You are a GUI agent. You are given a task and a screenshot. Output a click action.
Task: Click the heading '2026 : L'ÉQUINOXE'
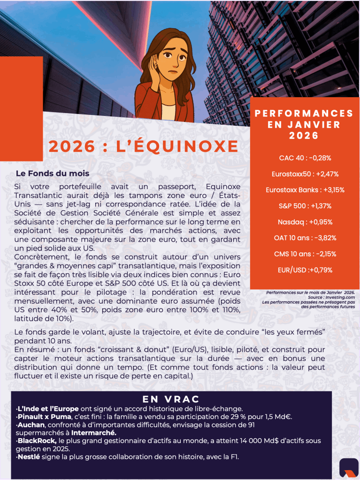coord(143,146)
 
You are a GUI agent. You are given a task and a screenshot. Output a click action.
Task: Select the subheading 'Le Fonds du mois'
coord(53,174)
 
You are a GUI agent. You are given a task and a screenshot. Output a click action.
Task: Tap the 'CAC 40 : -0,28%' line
coord(305,158)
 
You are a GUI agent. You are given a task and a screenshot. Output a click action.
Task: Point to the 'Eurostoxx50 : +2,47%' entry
coord(305,174)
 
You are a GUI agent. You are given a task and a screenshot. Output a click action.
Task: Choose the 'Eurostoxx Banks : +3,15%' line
coord(305,190)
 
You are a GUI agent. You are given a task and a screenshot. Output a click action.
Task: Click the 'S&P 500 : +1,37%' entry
coord(305,206)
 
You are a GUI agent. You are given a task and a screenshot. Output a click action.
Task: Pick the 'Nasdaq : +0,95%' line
coord(305,222)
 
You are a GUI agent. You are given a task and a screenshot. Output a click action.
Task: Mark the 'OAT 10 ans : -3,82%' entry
coord(305,238)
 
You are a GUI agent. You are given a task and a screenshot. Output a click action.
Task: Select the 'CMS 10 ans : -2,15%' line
coord(305,254)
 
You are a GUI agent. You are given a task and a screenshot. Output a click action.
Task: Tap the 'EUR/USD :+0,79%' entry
coord(305,270)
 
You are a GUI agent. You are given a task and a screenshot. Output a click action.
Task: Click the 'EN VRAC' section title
coord(171,399)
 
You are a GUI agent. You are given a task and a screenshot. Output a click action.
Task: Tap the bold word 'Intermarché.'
coord(94,432)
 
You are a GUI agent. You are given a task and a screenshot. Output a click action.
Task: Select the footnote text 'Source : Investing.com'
coord(331,297)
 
